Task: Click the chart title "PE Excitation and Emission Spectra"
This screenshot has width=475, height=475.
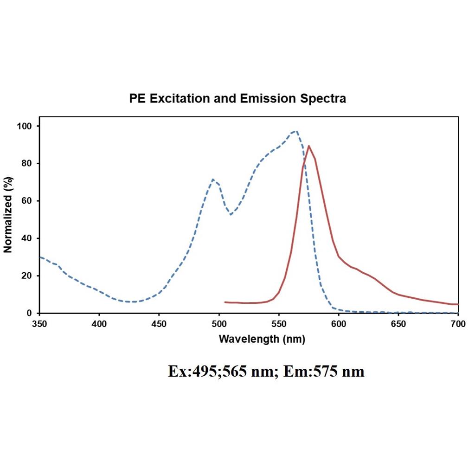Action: coord(237,99)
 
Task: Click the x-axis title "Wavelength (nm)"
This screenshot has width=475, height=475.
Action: coord(262,339)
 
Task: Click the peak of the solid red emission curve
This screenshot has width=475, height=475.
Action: coord(309,146)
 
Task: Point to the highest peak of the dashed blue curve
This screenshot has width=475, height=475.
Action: coord(296,131)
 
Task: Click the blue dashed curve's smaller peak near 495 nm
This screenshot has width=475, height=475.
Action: coord(213,180)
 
